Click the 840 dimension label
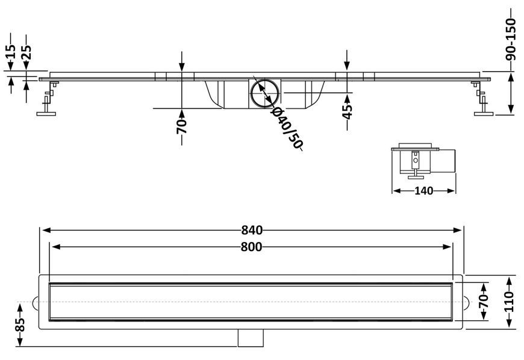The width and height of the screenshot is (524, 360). pos(252,230)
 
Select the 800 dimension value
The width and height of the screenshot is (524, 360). pos(251,247)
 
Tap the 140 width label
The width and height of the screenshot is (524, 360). pos(424,191)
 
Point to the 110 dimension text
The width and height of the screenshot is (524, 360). pos(508,301)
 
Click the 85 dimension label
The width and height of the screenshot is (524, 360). pos(20,324)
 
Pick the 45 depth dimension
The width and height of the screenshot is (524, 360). pos(348,111)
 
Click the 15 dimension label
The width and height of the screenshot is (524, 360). pos(11,51)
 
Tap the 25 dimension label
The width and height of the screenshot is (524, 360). pos(27,52)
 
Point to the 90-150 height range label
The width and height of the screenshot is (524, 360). pos(511,39)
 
